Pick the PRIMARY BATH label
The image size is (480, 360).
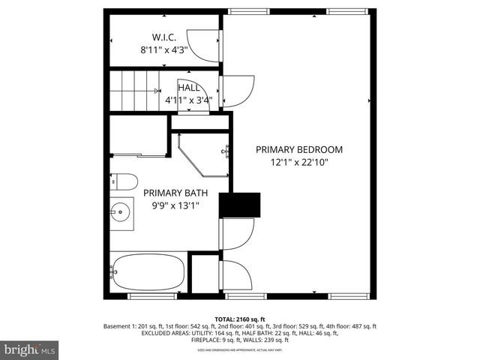tap(169, 192)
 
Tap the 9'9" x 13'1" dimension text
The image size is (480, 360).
tap(169, 205)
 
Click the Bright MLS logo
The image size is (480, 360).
tap(30, 349)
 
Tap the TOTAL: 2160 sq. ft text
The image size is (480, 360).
tap(239, 319)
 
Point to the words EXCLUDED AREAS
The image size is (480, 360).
tap(165, 333)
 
